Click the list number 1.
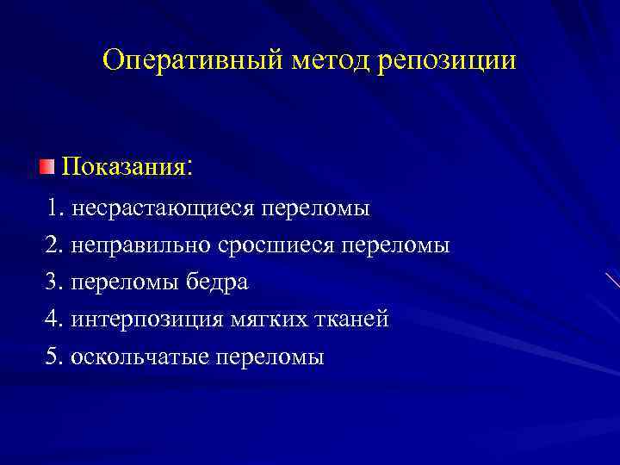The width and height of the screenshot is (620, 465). click(55, 208)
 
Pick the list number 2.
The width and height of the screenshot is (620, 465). click(54, 245)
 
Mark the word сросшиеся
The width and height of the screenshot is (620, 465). click(276, 246)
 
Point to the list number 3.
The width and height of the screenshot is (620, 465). click(54, 282)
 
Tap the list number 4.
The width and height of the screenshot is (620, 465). click(54, 319)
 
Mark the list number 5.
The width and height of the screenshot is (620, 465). click(54, 356)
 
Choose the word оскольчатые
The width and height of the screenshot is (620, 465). click(139, 356)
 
